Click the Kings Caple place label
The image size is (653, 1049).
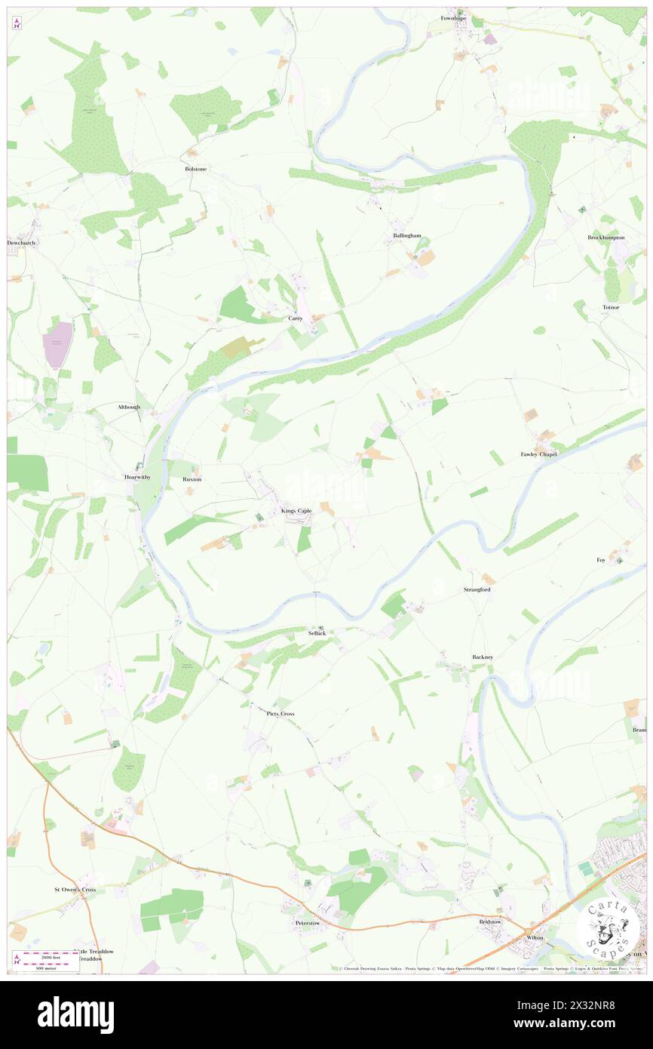point(296,511)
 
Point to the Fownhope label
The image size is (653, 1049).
point(454,17)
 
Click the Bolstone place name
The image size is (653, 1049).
point(195,169)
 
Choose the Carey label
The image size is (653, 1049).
point(295,318)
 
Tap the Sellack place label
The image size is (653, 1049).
point(317,633)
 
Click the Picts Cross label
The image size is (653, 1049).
point(281,713)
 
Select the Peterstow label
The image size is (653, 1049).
point(308,923)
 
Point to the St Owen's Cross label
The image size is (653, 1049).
point(75,890)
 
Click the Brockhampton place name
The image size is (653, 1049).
point(616,238)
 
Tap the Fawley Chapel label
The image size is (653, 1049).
point(538,454)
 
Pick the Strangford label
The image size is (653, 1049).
point(478,589)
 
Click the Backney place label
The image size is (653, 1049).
point(483,657)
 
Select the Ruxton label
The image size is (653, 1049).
point(192,479)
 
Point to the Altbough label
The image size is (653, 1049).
point(129,407)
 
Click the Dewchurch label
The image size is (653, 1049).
point(21,243)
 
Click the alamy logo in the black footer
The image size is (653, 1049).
point(75,1015)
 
